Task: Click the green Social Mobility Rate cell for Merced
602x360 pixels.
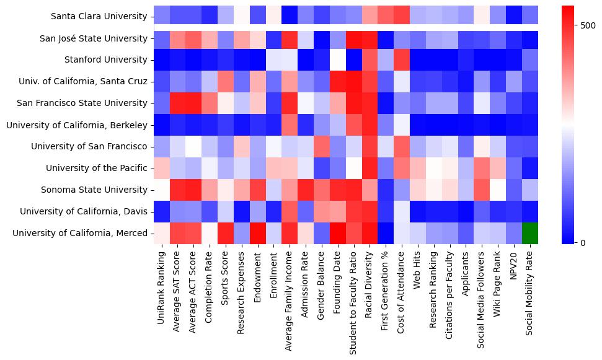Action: click(x=530, y=233)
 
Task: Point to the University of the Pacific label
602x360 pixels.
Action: click(x=97, y=168)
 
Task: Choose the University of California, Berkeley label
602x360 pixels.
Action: click(x=77, y=125)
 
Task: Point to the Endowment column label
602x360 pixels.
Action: click(x=258, y=276)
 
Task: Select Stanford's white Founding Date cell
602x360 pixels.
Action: click(x=339, y=60)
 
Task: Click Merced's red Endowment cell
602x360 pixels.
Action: click(x=258, y=233)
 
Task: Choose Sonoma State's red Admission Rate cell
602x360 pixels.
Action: click(x=306, y=190)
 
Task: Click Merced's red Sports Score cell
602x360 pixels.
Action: click(x=226, y=233)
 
